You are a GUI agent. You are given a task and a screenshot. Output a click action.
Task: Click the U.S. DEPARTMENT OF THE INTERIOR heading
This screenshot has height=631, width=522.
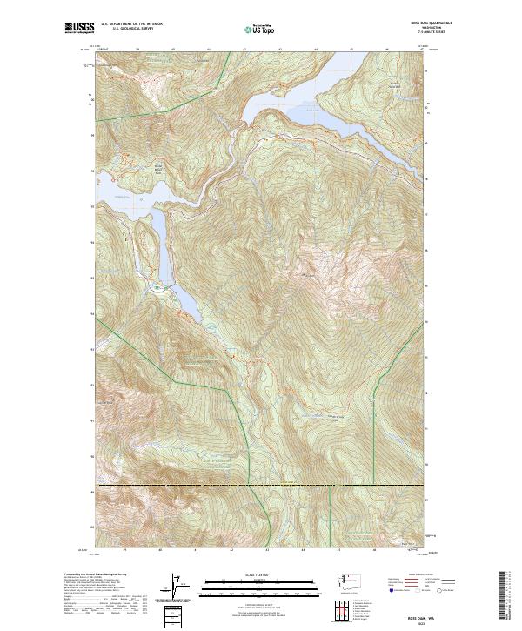[132, 24]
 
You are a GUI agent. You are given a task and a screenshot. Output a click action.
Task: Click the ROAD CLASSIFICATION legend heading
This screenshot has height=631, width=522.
[416, 576]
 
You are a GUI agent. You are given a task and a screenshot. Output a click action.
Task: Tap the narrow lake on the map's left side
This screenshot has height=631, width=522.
[160, 244]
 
